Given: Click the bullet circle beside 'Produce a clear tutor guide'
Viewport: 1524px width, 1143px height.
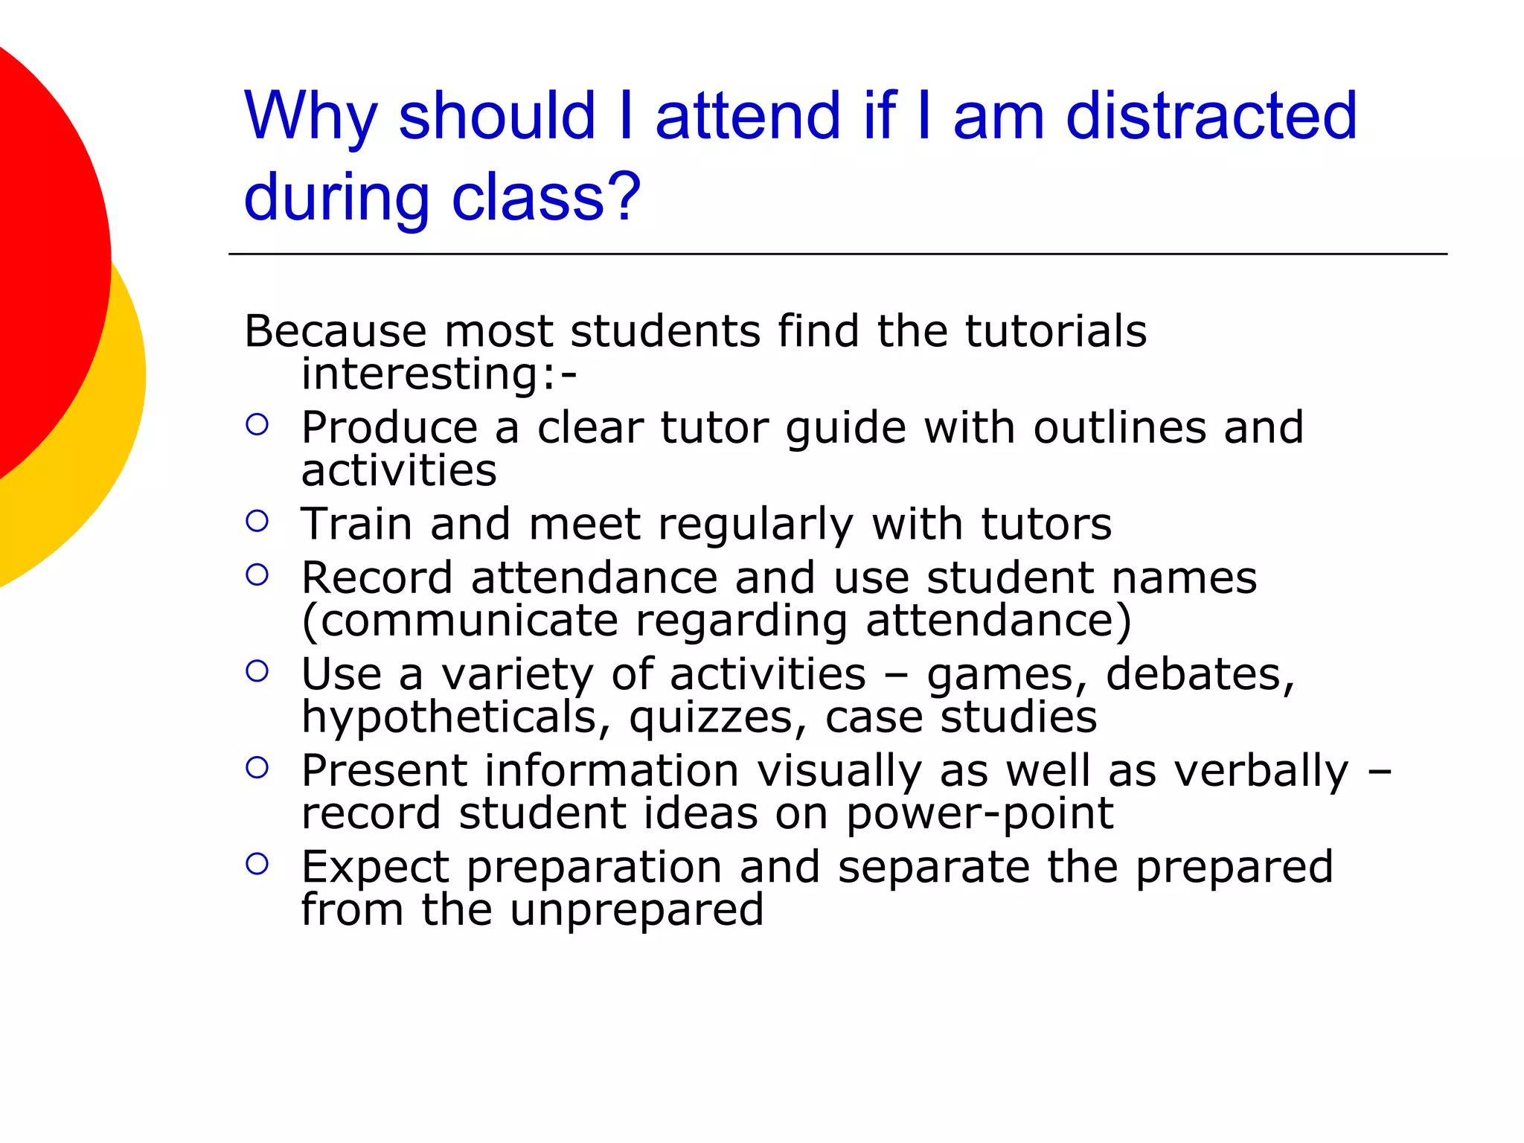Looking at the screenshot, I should pyautogui.click(x=257, y=425).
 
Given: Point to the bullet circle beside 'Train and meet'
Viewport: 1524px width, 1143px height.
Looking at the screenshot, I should pyautogui.click(x=257, y=521).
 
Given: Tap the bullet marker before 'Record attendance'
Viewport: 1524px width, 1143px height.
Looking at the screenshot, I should pyautogui.click(x=257, y=574).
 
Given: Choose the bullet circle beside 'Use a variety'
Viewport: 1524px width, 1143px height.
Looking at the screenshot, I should pyautogui.click(x=257, y=671).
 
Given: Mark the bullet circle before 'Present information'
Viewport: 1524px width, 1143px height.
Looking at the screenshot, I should pyautogui.click(x=257, y=767).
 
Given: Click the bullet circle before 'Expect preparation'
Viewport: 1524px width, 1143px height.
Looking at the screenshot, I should pyautogui.click(x=257, y=864).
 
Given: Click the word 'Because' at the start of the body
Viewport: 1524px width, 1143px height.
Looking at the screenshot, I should pyautogui.click(x=336, y=331).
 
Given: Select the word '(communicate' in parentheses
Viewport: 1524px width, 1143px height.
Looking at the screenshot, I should pyautogui.click(x=459, y=621).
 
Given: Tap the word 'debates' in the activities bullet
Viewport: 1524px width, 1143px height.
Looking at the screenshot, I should pyautogui.click(x=1199, y=675).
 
